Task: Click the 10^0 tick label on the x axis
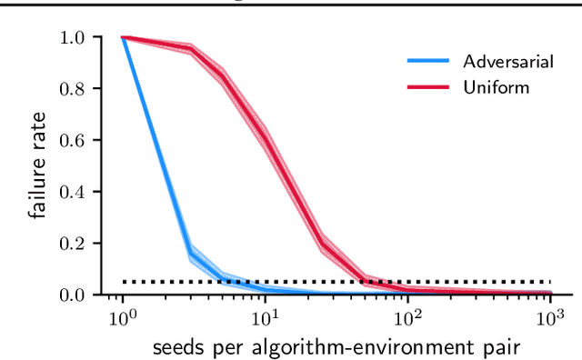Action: [x=123, y=318]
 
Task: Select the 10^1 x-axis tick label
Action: [x=265, y=318]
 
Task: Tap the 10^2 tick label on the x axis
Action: [x=407, y=318]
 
